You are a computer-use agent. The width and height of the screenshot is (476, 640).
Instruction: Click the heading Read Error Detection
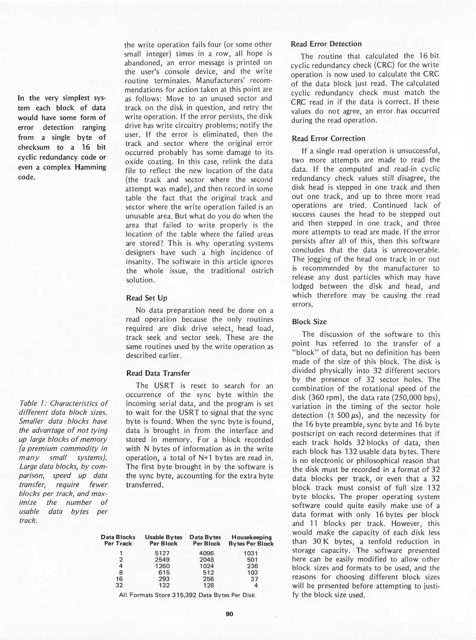pyautogui.click(x=326, y=44)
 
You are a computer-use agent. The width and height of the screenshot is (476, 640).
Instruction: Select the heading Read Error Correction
pyautogui.click(x=328, y=138)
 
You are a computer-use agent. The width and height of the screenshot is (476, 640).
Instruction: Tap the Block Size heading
pyautogui.click(x=309, y=322)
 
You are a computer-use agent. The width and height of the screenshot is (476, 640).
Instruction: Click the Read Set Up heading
pyautogui.click(x=147, y=298)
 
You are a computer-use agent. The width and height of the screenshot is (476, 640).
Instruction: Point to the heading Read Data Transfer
pyautogui.click(x=158, y=373)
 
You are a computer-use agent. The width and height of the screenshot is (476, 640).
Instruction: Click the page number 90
pyautogui.click(x=229, y=614)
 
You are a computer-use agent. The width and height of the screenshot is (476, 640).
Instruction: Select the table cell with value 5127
pyautogui.click(x=162, y=553)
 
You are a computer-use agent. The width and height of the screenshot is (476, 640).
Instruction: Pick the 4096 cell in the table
pyautogui.click(x=206, y=553)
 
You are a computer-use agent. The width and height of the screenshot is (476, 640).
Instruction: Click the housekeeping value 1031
pyautogui.click(x=251, y=553)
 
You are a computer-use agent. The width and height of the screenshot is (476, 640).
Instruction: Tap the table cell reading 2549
pyautogui.click(x=162, y=560)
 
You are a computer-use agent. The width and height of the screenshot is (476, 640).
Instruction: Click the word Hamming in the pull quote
pyautogui.click(x=90, y=167)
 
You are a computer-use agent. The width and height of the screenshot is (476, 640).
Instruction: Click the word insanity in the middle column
pyautogui.click(x=139, y=262)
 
